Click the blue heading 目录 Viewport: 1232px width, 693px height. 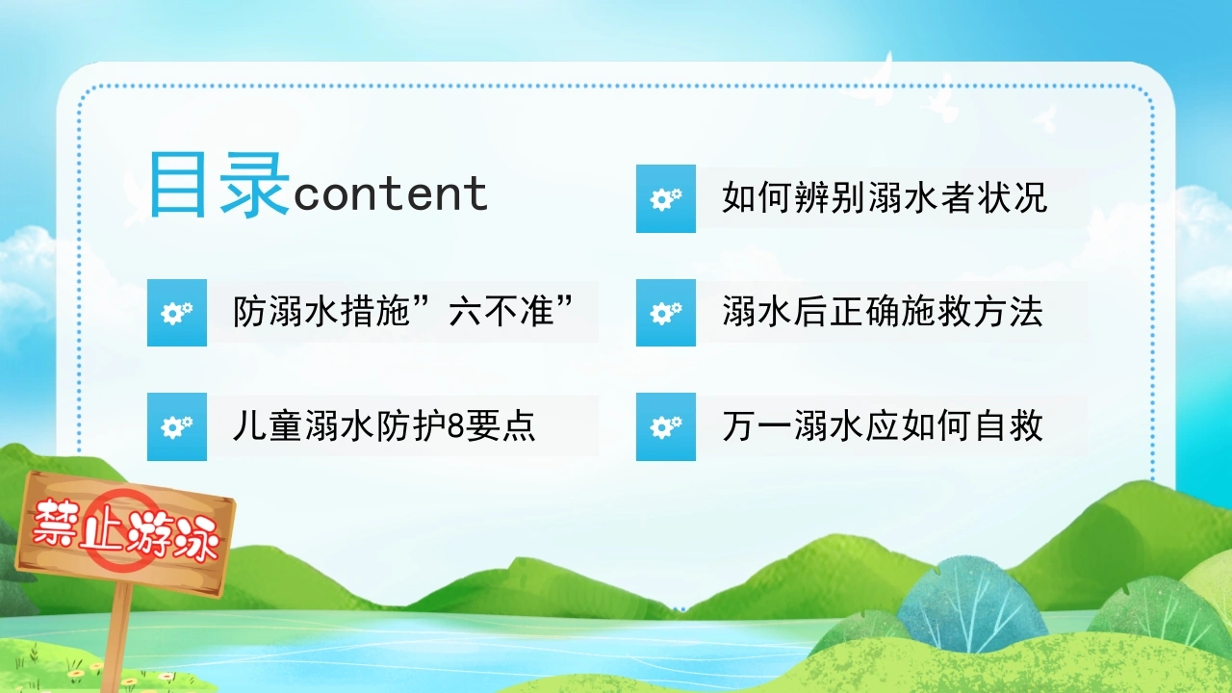point(218,186)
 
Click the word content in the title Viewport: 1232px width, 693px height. point(391,194)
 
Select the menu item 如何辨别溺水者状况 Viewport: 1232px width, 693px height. point(885,197)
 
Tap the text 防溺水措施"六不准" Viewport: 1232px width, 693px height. point(403,312)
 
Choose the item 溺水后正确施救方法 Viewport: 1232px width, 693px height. point(883,312)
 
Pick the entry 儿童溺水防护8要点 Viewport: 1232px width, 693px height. point(384,426)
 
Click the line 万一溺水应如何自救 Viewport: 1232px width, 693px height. point(883,426)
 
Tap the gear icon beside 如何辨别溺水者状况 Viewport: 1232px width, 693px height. point(666,198)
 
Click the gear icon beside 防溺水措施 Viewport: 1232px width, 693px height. point(177,313)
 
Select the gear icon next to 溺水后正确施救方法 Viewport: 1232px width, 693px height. point(666,313)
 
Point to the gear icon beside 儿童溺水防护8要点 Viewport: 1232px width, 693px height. point(177,426)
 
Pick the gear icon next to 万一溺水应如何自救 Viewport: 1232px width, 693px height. point(666,426)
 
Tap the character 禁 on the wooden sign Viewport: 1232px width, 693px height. point(55,523)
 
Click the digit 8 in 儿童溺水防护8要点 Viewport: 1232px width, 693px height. point(456,426)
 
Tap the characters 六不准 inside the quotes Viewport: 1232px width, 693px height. point(501,312)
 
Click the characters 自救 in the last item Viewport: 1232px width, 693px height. point(1009,426)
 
